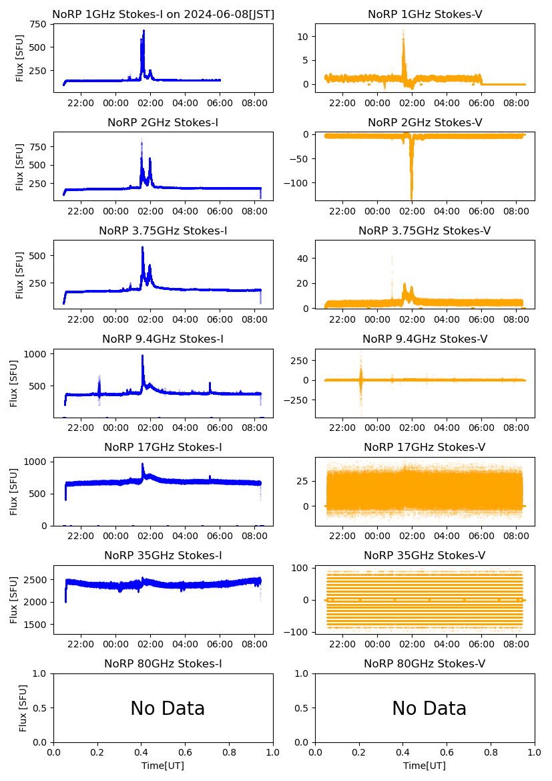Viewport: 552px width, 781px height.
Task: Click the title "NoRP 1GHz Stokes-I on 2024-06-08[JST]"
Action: pyautogui.click(x=163, y=14)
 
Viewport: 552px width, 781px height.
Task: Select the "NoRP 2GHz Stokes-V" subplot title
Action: pyautogui.click(x=425, y=122)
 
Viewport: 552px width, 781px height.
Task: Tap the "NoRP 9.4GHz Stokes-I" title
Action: pyautogui.click(x=163, y=339)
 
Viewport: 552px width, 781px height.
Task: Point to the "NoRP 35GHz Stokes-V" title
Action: pyautogui.click(x=425, y=555)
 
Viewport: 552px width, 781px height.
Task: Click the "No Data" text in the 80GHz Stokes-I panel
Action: pyautogui.click(x=167, y=708)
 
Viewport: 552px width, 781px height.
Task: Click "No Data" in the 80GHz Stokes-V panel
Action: pyautogui.click(x=429, y=708)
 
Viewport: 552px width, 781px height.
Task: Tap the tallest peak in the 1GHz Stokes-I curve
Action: pyautogui.click(x=143, y=31)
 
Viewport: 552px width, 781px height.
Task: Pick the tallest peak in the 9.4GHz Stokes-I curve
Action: pyautogui.click(x=142, y=356)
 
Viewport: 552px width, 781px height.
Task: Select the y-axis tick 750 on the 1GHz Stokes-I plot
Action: pyautogui.click(x=39, y=24)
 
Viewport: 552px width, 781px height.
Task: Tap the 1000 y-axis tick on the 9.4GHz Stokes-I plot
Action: pyautogui.click(x=35, y=353)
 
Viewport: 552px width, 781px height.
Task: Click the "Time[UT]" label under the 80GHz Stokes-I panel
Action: pyautogui.click(x=163, y=766)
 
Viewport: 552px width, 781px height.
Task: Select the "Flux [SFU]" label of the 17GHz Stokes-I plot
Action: pyautogui.click(x=14, y=491)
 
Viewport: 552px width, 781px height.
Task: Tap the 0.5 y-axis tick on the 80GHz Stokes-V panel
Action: pyautogui.click(x=304, y=708)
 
